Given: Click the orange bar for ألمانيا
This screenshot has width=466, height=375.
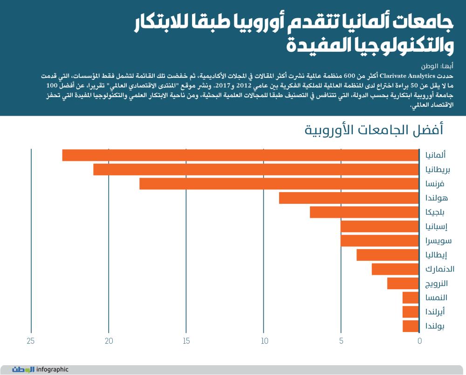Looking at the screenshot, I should [x=240, y=155].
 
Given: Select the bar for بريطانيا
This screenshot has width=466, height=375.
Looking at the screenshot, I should [x=256, y=169].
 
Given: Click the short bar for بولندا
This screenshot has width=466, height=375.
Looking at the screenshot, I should [x=411, y=326].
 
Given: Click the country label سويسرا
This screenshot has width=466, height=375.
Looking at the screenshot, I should [x=439, y=241].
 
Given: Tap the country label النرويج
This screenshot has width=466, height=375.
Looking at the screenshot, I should [x=437, y=284].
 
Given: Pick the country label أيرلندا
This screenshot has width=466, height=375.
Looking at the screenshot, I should [x=436, y=312].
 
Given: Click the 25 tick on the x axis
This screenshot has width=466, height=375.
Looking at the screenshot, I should [x=31, y=341].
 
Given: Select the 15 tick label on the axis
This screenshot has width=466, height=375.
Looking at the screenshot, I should [x=186, y=341].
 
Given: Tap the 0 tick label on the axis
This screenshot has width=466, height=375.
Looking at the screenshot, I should [x=419, y=341].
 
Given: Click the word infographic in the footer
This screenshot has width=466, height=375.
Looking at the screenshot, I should [x=52, y=369].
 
